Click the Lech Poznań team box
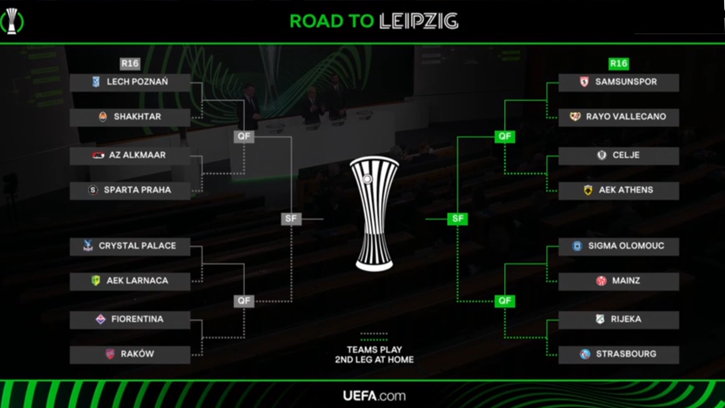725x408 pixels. (130, 82)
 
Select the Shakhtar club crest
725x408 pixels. (102, 117)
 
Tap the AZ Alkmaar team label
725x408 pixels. (137, 155)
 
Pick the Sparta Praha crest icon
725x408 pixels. (93, 190)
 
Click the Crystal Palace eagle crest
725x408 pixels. (88, 246)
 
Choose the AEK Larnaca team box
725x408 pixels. (130, 281)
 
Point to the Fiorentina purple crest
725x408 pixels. (100, 319)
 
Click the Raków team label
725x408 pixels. (137, 354)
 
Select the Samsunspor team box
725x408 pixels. (619, 82)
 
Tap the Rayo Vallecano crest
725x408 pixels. (575, 117)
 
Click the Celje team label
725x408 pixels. (626, 155)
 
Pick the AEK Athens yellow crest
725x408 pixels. (588, 190)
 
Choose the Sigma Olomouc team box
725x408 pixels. (619, 246)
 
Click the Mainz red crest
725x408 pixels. (601, 281)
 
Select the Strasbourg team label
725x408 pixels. (626, 354)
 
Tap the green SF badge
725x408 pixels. (458, 219)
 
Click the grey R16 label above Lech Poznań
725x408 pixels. (130, 63)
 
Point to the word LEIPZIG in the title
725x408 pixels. (419, 21)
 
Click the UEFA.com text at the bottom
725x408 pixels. (374, 396)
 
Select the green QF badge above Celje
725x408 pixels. (504, 136)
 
